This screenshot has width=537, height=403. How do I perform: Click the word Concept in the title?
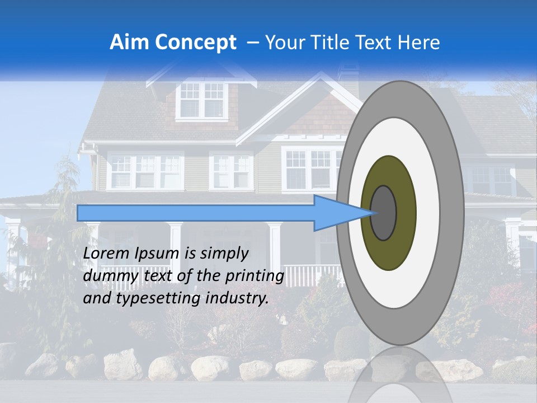coord(195,43)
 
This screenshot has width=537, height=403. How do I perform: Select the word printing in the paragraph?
coord(253,277)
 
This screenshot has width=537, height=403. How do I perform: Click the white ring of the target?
coord(431,213)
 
